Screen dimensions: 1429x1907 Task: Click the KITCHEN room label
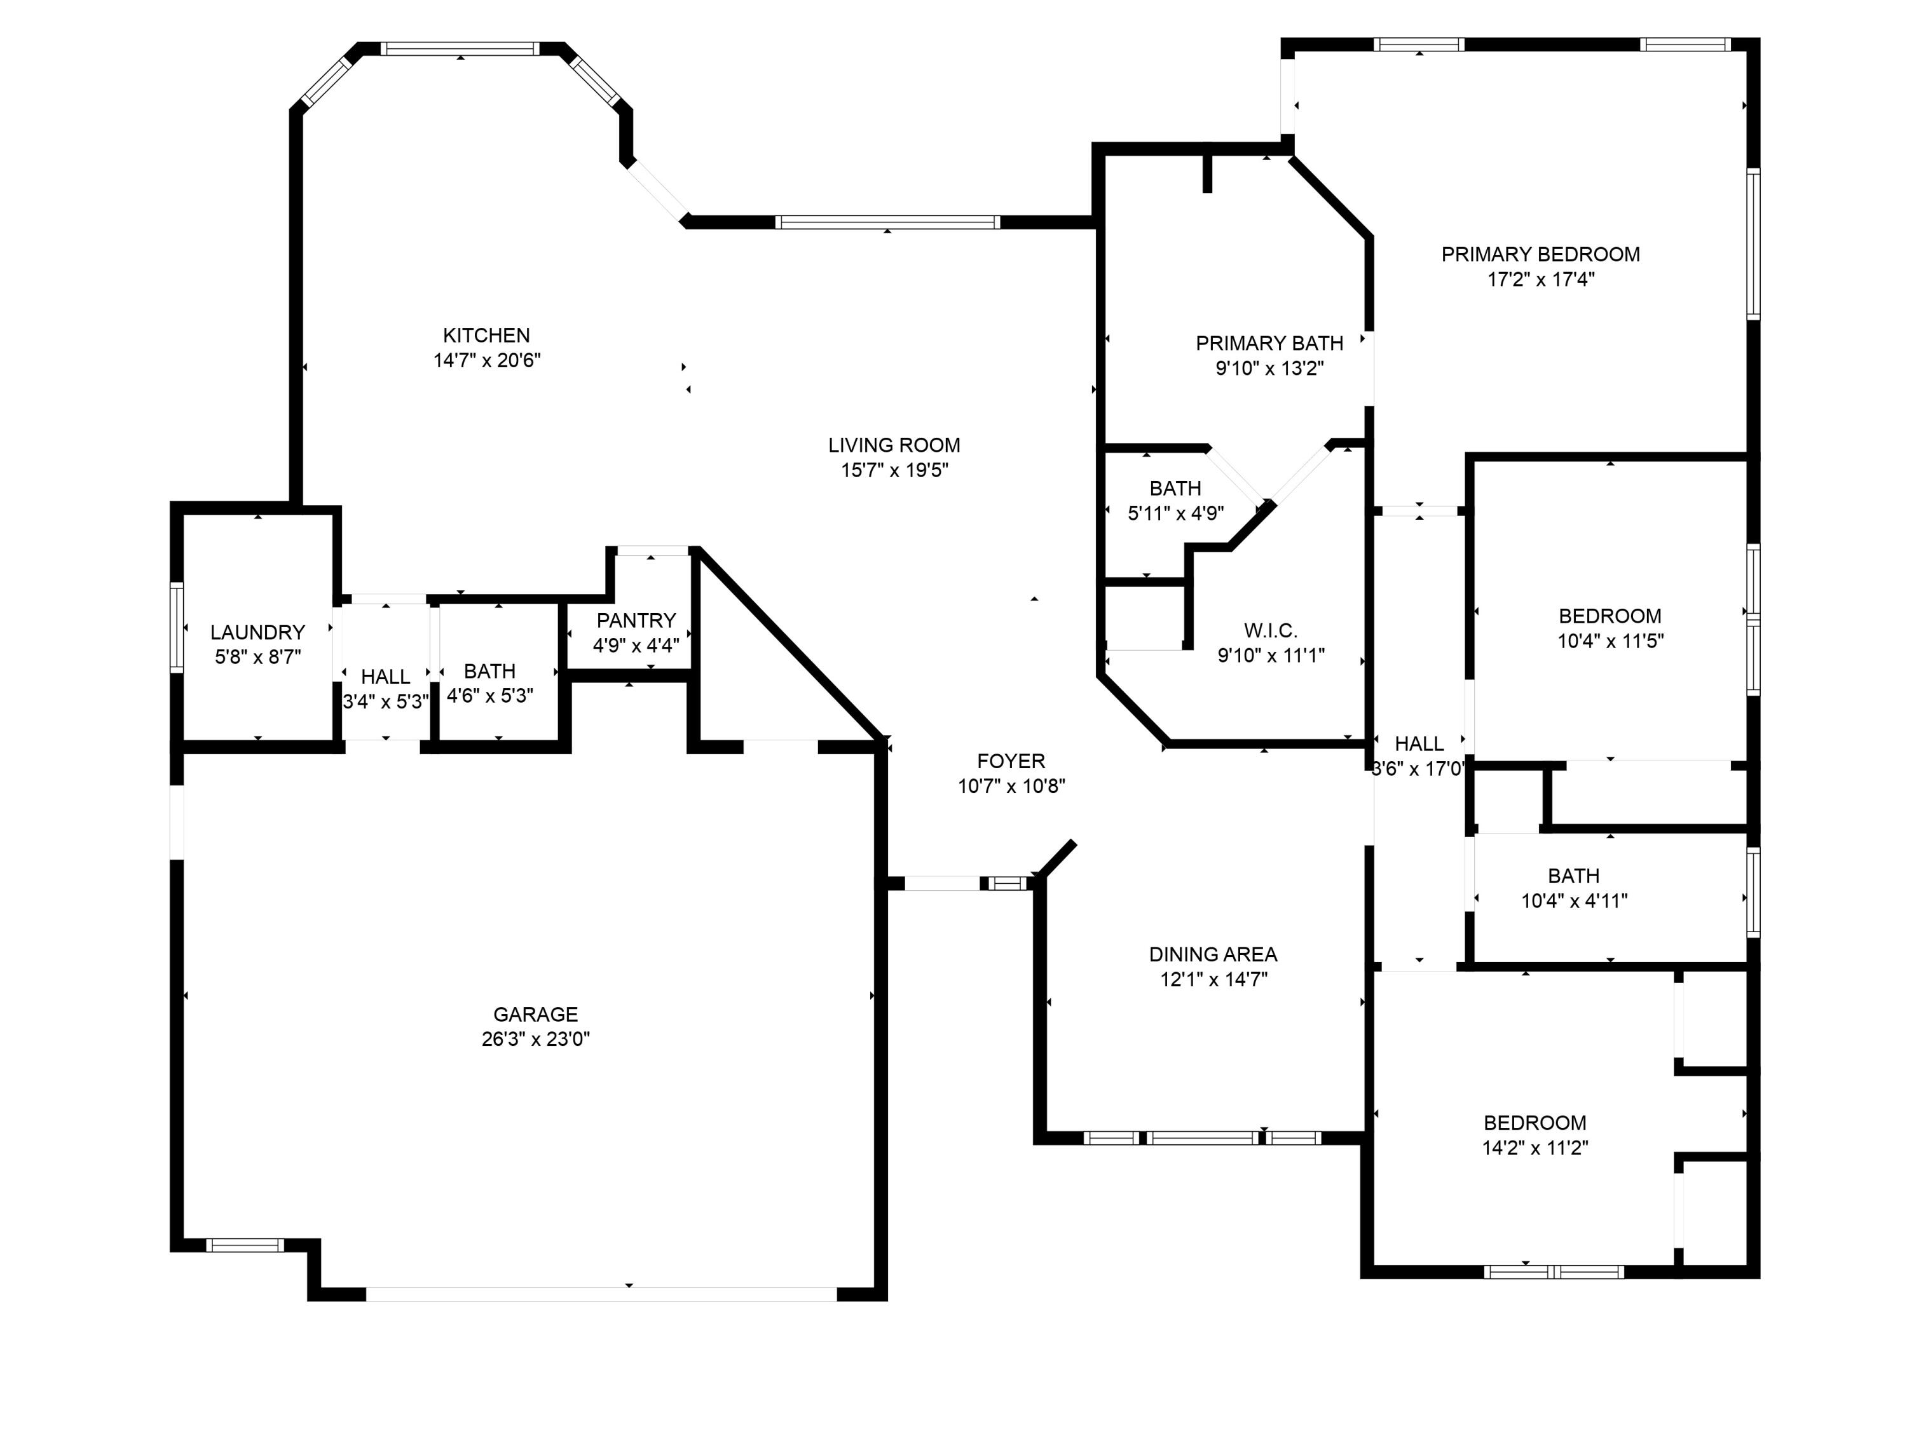[486, 335]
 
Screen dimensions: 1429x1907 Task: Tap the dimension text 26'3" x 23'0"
[535, 1040]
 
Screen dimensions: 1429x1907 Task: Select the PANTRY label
[636, 621]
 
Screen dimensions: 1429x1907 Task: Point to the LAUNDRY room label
[258, 633]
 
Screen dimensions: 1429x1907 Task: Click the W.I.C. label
[1271, 631]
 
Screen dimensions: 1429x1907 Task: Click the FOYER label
[1011, 761]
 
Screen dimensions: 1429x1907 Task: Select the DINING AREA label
[1213, 954]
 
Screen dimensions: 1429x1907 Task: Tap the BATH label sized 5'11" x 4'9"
[1175, 489]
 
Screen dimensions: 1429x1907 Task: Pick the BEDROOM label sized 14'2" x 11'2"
[1534, 1123]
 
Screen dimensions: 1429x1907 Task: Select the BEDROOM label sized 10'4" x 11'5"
[1610, 616]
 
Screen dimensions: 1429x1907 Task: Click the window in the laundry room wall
[177, 626]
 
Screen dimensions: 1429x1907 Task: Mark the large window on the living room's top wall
[887, 222]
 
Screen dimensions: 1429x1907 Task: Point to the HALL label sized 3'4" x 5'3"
[385, 677]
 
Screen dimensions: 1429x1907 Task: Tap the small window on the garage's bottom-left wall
[245, 1245]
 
